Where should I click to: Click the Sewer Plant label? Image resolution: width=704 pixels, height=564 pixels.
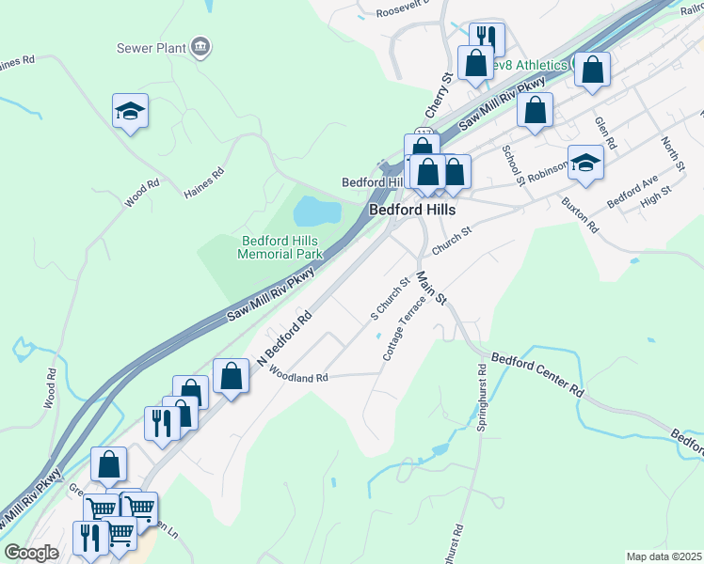150,47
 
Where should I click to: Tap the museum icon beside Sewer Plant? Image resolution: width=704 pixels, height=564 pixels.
200,46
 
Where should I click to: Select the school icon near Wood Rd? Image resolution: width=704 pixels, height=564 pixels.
131,112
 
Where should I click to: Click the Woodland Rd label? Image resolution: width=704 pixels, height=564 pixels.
297,377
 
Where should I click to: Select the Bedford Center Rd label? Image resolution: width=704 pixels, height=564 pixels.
538,375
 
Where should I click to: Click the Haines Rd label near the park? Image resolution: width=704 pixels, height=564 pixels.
204,182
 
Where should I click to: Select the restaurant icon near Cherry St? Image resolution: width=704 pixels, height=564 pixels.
487,39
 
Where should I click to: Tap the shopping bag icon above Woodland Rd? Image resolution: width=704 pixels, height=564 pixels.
231,376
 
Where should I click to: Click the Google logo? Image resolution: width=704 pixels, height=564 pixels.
31,553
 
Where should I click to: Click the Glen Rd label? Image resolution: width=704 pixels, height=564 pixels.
605,133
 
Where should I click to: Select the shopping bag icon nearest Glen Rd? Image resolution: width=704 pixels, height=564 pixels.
592,70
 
